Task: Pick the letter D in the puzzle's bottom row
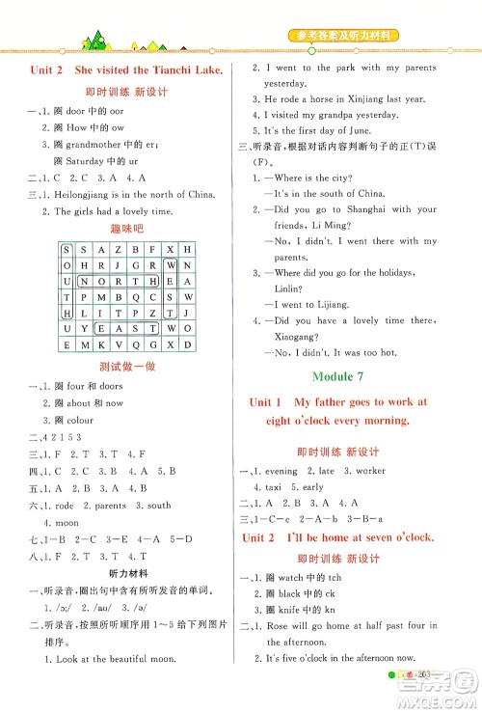point(189,344)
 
